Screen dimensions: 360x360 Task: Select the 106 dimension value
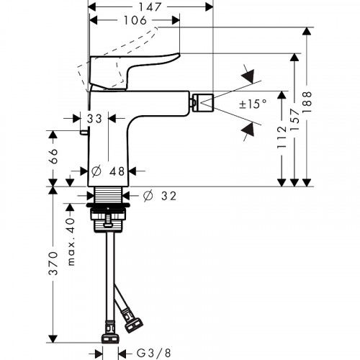click(135, 23)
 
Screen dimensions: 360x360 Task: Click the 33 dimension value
click(94, 117)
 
